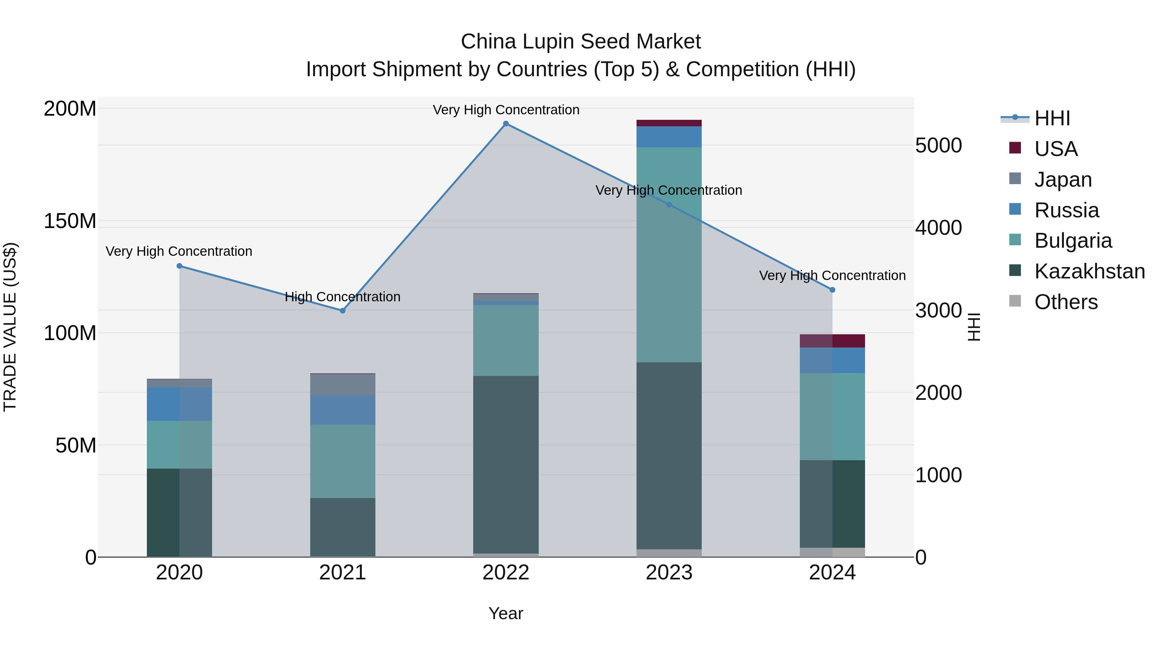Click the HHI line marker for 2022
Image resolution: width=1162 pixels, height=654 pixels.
[506, 124]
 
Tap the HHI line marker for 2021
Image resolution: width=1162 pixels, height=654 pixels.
[342, 310]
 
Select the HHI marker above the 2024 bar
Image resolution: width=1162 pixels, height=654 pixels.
[832, 290]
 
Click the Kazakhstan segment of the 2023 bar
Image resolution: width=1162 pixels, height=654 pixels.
[669, 456]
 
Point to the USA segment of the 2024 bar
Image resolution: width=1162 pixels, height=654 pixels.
[832, 341]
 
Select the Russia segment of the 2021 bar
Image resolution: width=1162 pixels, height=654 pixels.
[342, 410]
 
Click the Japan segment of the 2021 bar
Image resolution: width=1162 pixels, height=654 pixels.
[342, 385]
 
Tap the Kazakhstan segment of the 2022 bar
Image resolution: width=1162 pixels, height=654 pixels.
[506, 465]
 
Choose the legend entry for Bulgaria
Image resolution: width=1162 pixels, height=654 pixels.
[1073, 241]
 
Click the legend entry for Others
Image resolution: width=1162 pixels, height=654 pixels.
[1065, 302]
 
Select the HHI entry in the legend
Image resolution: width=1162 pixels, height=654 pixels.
[1052, 118]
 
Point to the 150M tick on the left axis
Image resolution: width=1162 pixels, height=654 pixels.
[70, 221]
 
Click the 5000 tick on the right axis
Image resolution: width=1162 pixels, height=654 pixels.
[938, 145]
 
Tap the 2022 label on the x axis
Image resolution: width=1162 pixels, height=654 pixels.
[506, 573]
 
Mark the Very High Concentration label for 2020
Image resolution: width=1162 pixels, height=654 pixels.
[179, 251]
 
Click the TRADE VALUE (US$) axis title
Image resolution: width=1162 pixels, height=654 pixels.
[10, 327]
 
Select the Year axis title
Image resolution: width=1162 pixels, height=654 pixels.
[506, 613]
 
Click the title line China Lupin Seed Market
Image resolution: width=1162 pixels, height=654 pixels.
[581, 42]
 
